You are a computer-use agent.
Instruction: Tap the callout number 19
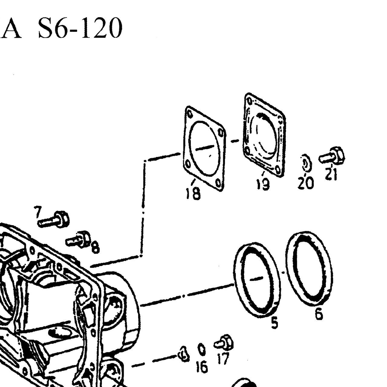tap(263, 184)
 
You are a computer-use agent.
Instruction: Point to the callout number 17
tap(223, 359)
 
